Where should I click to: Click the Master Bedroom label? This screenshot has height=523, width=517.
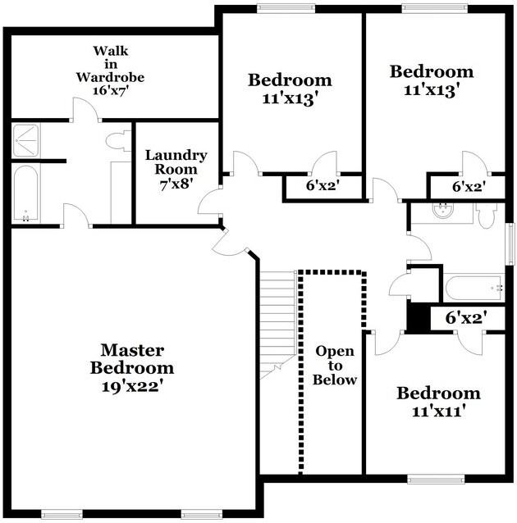[132, 359]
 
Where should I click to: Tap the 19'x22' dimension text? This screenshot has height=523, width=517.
[132, 385]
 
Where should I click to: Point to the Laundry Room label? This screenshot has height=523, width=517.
[176, 162]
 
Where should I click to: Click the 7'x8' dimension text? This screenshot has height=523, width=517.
[176, 184]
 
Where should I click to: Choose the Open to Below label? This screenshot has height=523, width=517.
[336, 365]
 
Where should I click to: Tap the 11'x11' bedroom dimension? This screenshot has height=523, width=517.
[438, 412]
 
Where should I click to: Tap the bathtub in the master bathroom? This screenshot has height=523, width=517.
[25, 193]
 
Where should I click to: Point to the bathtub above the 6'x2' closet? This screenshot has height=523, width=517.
[474, 288]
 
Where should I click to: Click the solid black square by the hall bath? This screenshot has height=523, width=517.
[419, 317]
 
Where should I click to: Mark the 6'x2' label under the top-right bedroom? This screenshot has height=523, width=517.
[469, 187]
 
